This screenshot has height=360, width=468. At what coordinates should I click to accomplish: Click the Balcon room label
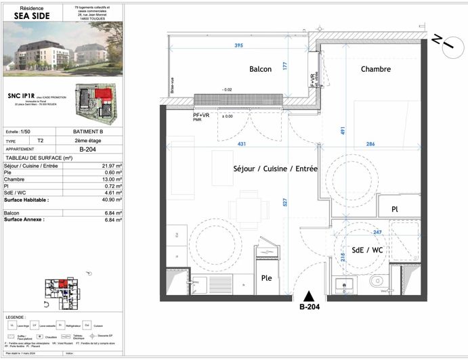[260, 69]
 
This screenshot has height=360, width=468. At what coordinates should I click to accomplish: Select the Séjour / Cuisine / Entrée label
[275, 168]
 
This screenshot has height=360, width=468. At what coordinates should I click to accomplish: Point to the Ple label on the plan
[268, 278]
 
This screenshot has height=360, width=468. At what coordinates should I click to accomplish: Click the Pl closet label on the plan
[394, 210]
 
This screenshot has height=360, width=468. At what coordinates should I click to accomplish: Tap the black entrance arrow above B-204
[309, 295]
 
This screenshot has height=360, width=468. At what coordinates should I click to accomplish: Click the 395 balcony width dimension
[238, 45]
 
